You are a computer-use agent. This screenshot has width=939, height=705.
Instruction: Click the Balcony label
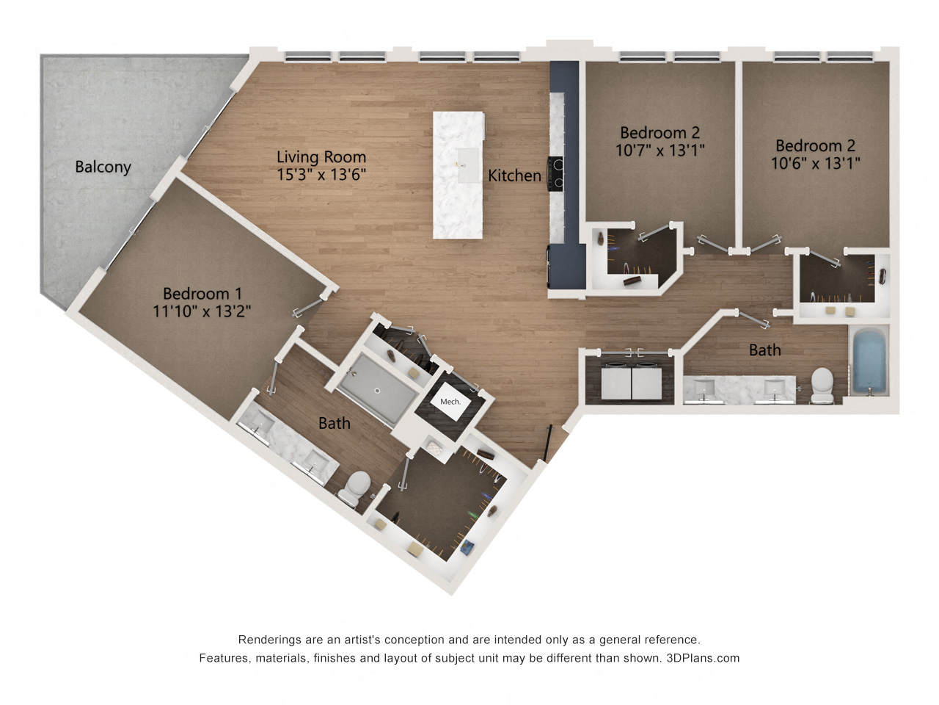(x=103, y=167)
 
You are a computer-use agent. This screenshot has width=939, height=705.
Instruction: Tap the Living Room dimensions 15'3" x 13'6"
(x=321, y=174)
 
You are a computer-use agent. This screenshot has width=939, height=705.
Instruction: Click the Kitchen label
(x=514, y=176)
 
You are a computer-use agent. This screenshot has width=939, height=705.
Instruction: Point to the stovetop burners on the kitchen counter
(x=556, y=174)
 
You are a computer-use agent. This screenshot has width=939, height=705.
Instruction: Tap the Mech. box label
(x=450, y=402)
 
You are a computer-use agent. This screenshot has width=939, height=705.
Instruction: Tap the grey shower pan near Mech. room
(x=377, y=388)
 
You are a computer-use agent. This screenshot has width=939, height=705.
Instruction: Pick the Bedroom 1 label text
(x=202, y=294)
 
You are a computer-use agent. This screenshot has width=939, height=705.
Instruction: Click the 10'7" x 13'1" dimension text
(x=660, y=151)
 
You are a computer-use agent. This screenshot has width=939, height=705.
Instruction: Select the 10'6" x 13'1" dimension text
(x=815, y=163)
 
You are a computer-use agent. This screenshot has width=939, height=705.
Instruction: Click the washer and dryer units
(x=632, y=382)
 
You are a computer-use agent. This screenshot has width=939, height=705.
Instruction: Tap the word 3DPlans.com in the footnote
(x=703, y=658)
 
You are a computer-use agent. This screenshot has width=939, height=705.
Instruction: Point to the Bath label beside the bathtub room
(x=764, y=350)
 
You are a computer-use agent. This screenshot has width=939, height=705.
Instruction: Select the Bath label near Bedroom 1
(x=334, y=423)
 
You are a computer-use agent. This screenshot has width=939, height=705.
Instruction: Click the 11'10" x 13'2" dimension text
(x=202, y=311)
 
